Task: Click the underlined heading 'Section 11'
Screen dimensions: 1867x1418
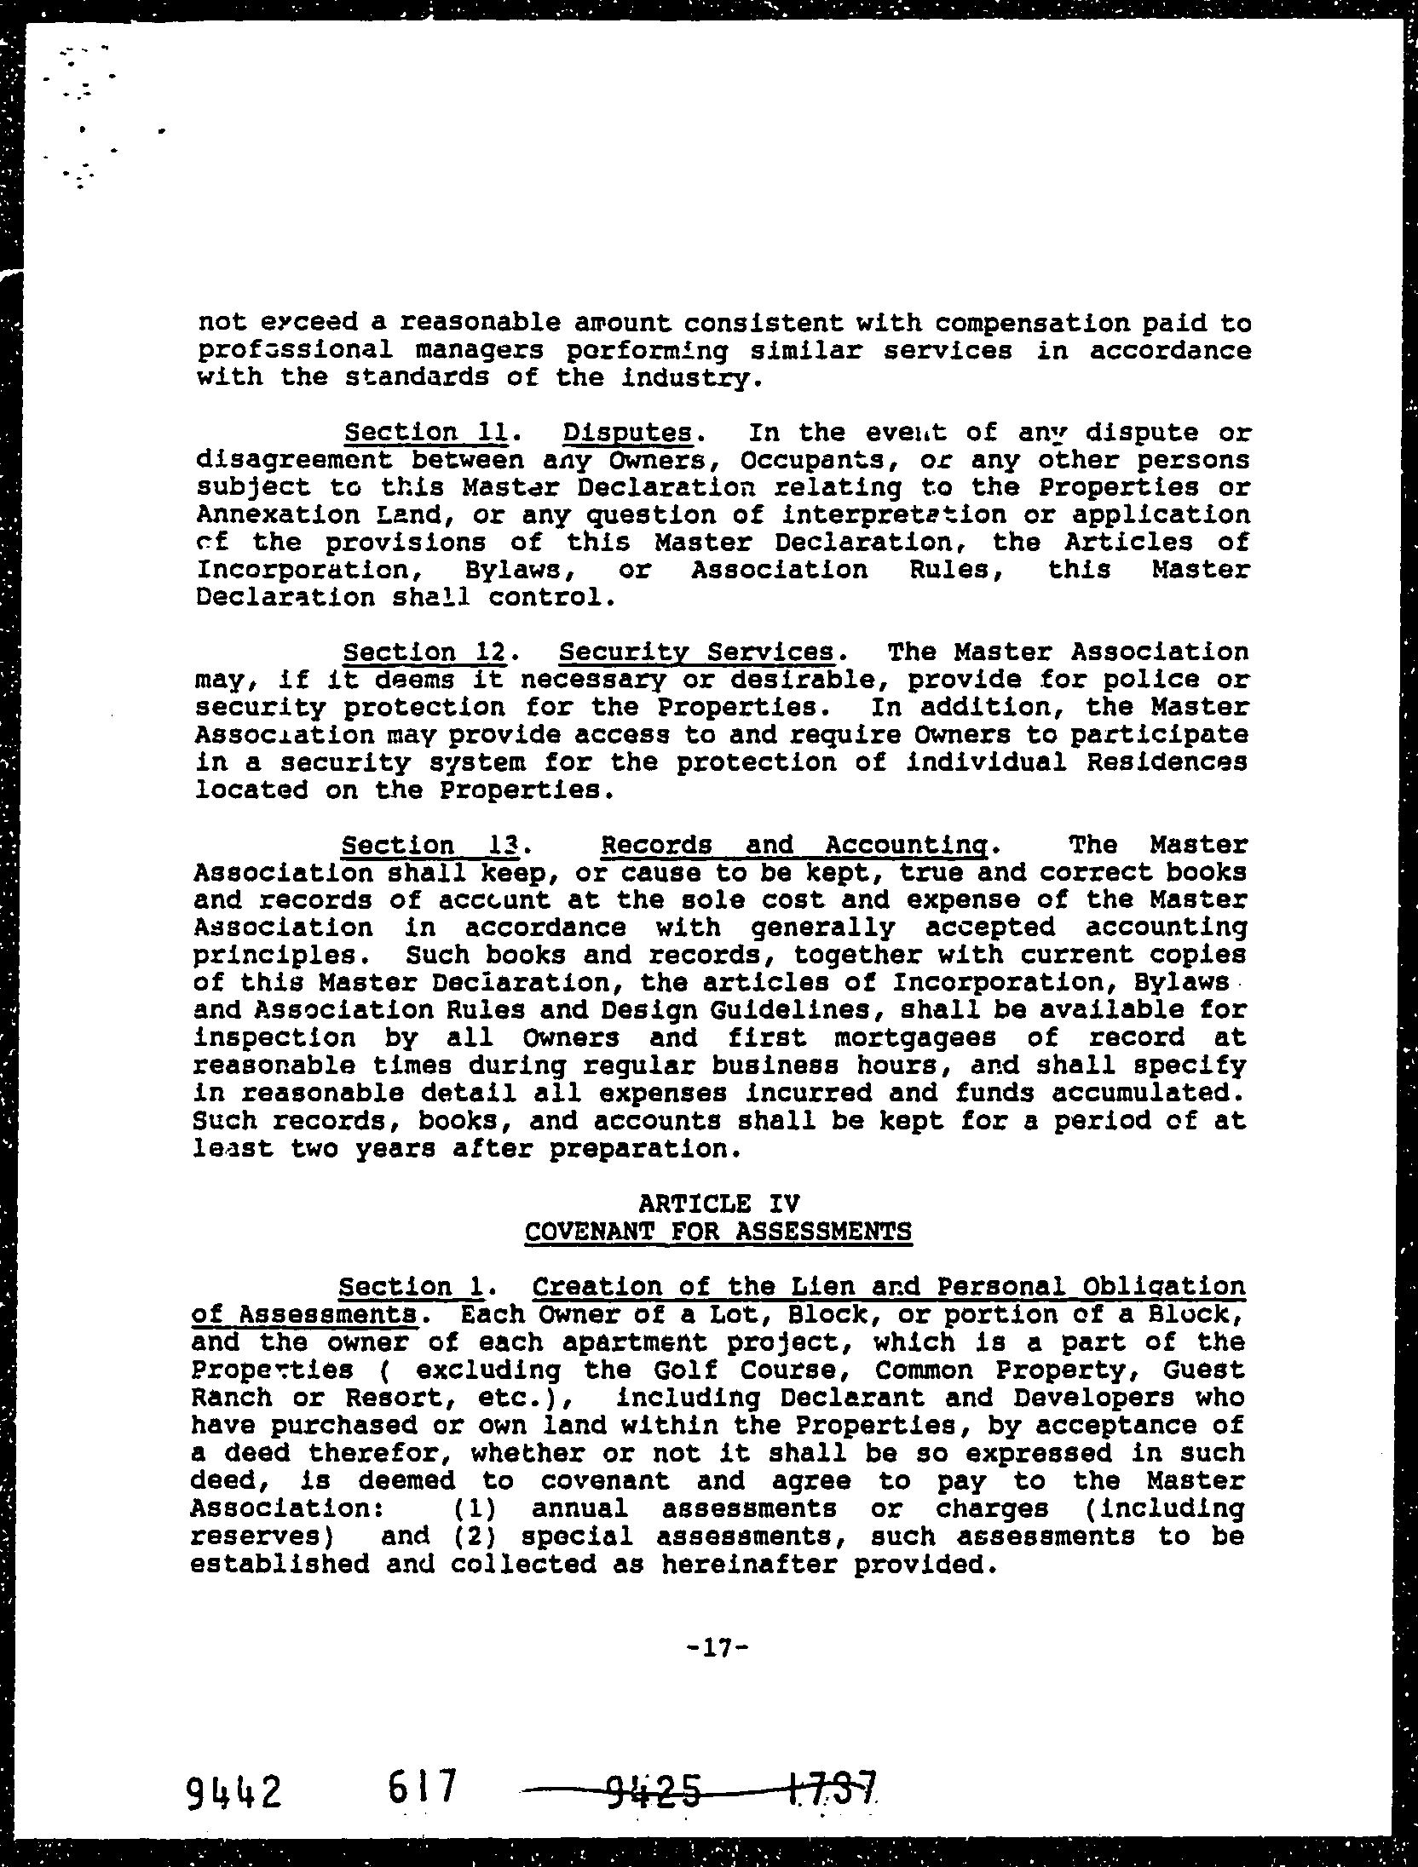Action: click(x=425, y=433)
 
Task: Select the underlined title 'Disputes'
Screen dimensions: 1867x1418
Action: click(x=627, y=434)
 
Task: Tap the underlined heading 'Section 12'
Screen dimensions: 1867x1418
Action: click(x=424, y=652)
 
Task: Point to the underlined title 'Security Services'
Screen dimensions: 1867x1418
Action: click(x=696, y=652)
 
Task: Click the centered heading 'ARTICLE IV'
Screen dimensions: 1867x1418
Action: click(x=718, y=1203)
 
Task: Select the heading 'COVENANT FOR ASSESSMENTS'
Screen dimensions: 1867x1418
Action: click(x=718, y=1232)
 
